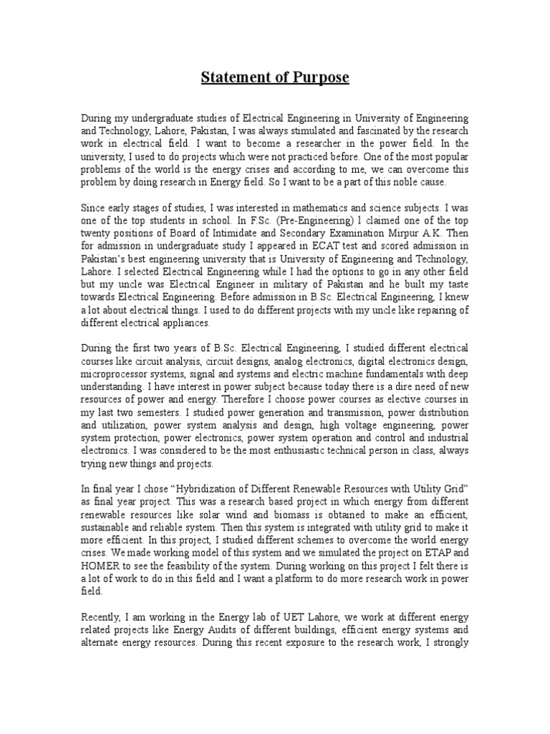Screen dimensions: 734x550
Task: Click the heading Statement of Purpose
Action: pyautogui.click(x=275, y=77)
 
